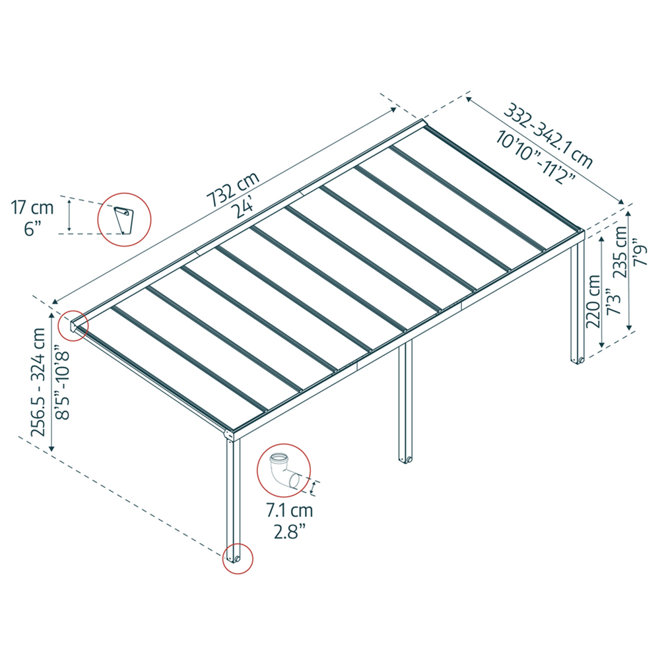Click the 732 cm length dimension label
pos(233,189)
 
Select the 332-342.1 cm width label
pos(548,135)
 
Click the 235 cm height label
pos(620,251)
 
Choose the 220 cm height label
pos(593,301)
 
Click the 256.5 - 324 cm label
pos(38,381)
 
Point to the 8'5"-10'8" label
pos(62,385)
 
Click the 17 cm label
pos(32,208)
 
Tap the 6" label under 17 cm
pos(33,229)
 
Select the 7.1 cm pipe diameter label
pos(290,511)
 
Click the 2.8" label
pos(290,532)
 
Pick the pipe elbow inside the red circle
pos(284,471)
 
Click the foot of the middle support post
pos(406,459)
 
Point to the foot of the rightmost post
pos(577,360)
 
